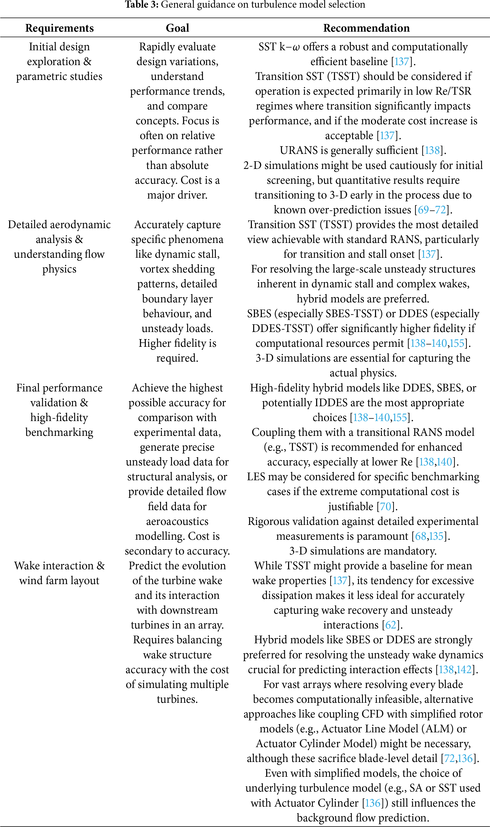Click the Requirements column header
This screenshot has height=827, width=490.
pos(59,28)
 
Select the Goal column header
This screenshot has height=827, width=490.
pos(177,28)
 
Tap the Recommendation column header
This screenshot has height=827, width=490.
pos(366,28)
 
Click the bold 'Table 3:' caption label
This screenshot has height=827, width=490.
pos(142,5)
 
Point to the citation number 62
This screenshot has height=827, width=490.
pos(391,625)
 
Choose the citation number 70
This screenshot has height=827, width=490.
pos(385,506)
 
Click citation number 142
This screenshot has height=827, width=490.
pos(464,669)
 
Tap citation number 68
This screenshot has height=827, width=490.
pos(421,536)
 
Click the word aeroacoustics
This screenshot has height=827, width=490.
pos(177,521)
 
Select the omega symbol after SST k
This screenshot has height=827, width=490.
pos(296,47)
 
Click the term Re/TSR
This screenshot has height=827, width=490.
pos(455,91)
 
